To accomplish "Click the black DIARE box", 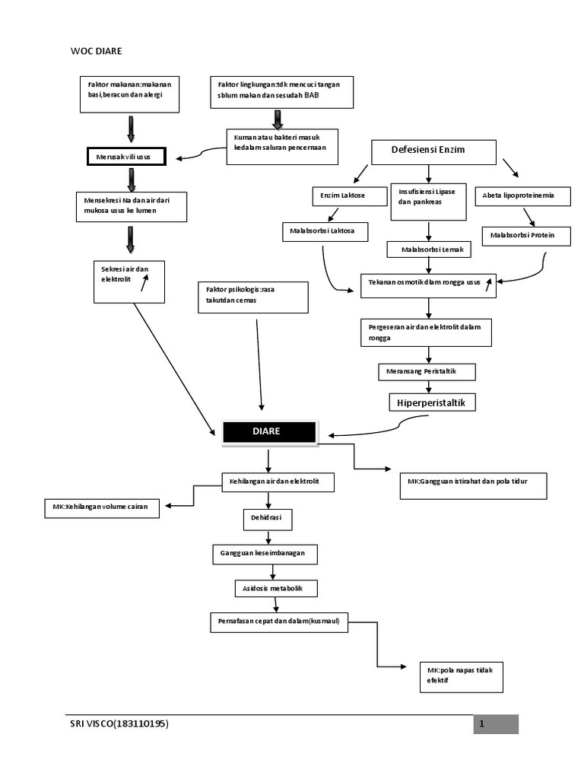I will point(269,431).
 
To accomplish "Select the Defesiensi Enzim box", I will point(433,151).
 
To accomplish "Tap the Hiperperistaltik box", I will point(431,401).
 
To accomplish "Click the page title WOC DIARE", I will point(96,51).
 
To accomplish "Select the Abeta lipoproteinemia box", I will point(524,196).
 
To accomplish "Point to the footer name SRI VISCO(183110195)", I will point(119,724).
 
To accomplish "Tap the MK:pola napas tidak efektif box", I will point(461,676).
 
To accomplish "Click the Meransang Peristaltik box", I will point(427,371).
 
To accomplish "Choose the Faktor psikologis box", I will point(252,297).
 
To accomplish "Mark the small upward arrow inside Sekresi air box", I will point(143,284).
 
